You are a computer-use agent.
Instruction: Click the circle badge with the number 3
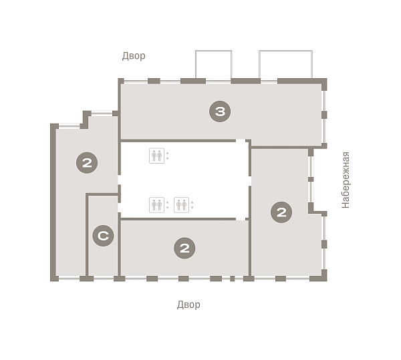point(220,112)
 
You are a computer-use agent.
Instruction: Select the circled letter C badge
point(103,236)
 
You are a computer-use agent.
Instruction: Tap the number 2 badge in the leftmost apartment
point(87,163)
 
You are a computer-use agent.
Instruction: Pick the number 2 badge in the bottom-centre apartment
point(184,248)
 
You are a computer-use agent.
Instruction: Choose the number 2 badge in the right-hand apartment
point(281,212)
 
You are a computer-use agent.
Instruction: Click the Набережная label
point(346,180)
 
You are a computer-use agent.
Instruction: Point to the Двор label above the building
point(134,55)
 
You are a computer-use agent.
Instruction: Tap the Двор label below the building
point(188,305)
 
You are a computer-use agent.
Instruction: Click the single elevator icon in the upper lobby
point(156,156)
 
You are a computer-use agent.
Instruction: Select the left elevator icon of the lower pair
point(156,205)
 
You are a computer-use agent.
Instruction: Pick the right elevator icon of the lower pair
point(181,205)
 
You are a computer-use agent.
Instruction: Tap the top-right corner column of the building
point(324,82)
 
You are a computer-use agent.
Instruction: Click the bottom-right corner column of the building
point(323,277)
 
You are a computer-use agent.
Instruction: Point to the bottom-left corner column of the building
point(54,279)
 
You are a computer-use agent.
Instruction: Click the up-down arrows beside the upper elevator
point(168,156)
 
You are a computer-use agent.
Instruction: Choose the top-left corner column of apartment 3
point(121,81)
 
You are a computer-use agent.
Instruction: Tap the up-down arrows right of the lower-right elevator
point(192,205)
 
